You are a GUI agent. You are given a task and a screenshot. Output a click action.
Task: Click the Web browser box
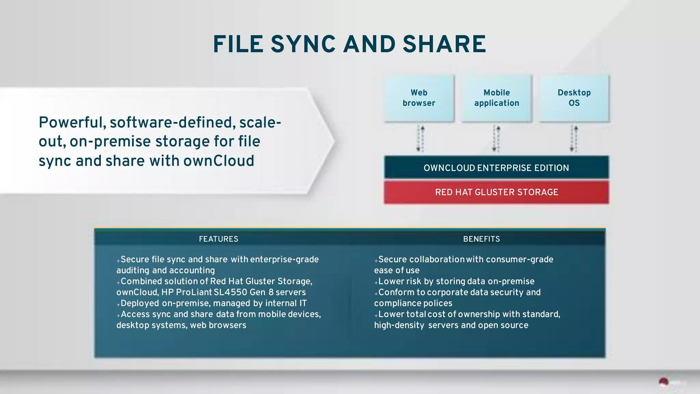pyautogui.click(x=419, y=98)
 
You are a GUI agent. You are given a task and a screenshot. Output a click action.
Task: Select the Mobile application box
pyautogui.click(x=497, y=98)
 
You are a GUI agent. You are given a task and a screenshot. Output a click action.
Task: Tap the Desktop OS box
pyautogui.click(x=574, y=98)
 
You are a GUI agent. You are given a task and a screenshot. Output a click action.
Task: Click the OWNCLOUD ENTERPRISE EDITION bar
pyautogui.click(x=496, y=168)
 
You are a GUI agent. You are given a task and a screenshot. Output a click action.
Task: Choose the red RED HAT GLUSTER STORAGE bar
pyautogui.click(x=496, y=192)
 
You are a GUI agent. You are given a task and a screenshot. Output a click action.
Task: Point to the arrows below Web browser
pyautogui.click(x=420, y=139)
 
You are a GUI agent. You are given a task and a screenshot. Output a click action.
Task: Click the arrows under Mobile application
pyautogui.click(x=496, y=139)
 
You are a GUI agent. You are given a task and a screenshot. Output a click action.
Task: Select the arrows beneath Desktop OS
pyautogui.click(x=574, y=139)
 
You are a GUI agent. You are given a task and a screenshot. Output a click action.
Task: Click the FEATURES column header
pyautogui.click(x=218, y=239)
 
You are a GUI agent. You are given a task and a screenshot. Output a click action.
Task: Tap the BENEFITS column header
pyautogui.click(x=481, y=239)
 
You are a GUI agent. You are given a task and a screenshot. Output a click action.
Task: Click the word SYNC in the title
pyautogui.click(x=303, y=44)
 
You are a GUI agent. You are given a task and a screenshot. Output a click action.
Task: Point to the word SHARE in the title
pyautogui.click(x=444, y=44)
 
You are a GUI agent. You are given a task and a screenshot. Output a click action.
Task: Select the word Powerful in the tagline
pyautogui.click(x=72, y=123)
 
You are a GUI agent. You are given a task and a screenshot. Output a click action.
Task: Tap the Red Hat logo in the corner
pyautogui.click(x=664, y=382)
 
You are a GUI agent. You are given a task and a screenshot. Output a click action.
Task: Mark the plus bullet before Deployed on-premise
pyautogui.click(x=118, y=304)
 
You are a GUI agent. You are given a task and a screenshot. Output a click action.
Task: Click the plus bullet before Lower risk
pyautogui.click(x=376, y=282)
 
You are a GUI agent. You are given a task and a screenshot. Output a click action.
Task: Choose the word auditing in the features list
pyautogui.click(x=133, y=270)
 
